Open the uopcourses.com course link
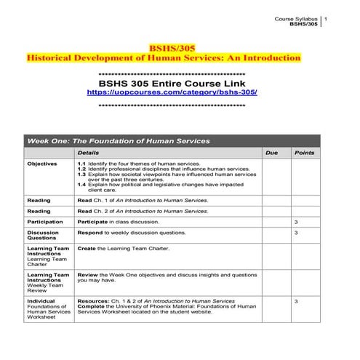pos(172,93)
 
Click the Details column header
pos(89,153)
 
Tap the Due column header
pos(272,153)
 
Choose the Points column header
pos(303,153)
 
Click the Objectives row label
pos(42,164)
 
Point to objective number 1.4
pos(81,184)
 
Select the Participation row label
pos(45,221)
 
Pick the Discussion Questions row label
pos(43,235)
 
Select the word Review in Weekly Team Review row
pos(88,275)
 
